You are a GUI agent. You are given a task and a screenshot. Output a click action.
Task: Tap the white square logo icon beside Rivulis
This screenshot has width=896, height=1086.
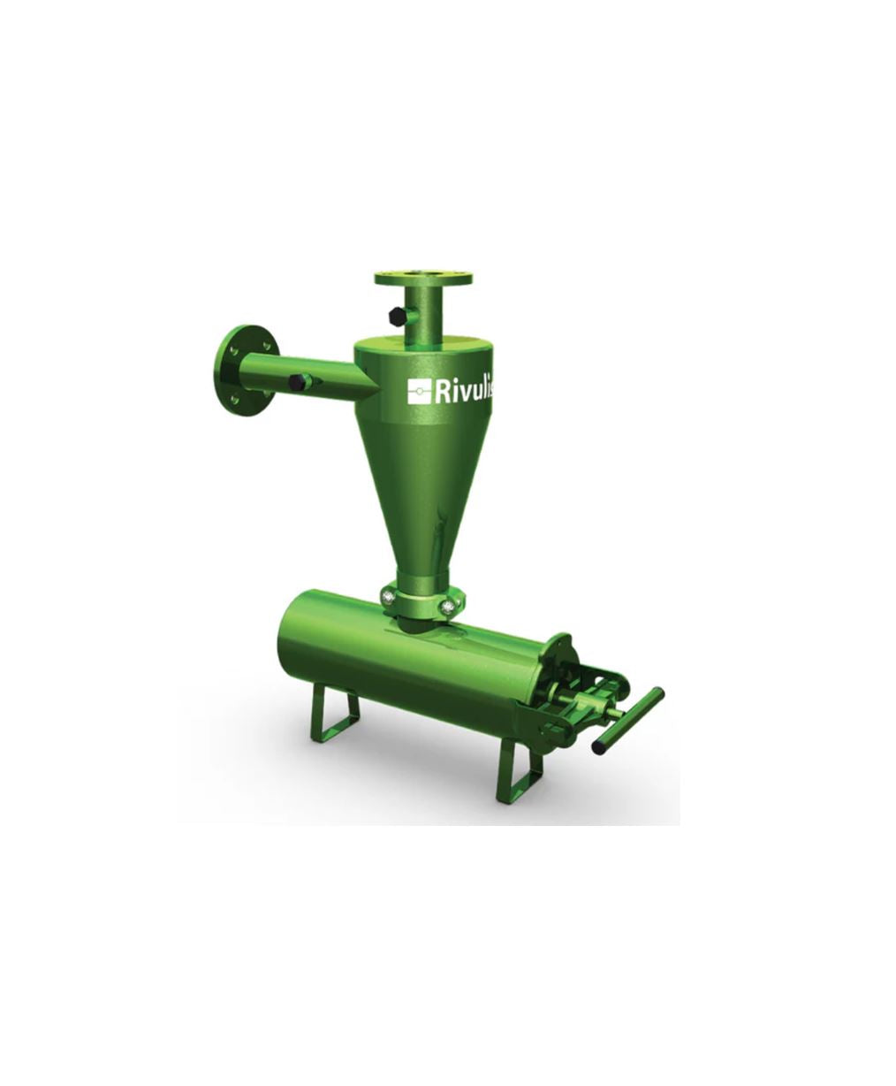point(419,390)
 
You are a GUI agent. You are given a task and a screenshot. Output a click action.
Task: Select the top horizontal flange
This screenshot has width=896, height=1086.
point(423,279)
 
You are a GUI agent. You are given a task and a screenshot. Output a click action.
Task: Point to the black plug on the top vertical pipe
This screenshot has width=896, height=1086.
point(393,314)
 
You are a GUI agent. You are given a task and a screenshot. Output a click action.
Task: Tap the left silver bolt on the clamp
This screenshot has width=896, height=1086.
point(389,598)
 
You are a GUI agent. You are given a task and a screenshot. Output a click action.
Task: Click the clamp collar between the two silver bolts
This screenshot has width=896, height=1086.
point(419,606)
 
